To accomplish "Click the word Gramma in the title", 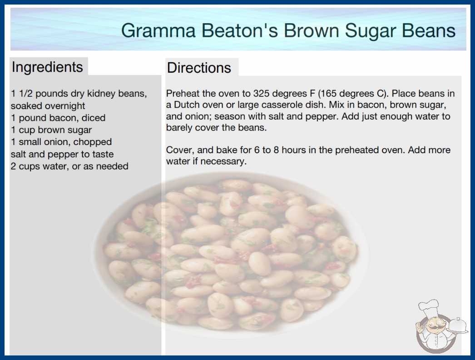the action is [158, 30].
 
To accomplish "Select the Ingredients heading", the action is [47, 67].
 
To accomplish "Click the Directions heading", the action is [199, 68].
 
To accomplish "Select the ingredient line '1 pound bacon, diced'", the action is [58, 118].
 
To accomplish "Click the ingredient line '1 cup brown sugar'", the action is [51, 130].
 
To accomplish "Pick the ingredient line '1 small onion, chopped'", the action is [61, 142].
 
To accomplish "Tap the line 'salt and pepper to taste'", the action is [62, 154].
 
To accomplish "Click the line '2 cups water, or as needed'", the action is [69, 166].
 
